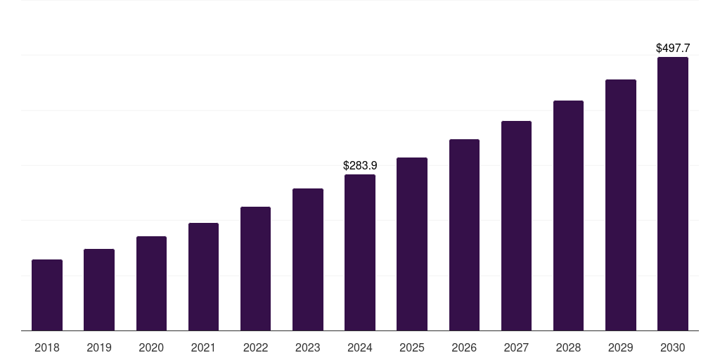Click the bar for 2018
click(47, 295)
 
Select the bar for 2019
click(99, 290)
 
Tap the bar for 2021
click(203, 277)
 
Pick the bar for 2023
click(308, 259)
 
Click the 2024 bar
click(360, 252)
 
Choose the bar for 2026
click(464, 235)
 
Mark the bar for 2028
click(568, 216)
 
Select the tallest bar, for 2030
click(673, 194)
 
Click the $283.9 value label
click(360, 165)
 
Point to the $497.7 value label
click(673, 49)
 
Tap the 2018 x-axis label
click(47, 347)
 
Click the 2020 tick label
click(151, 347)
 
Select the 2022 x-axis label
click(255, 347)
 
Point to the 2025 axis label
click(412, 347)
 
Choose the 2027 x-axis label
click(516, 347)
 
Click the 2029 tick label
click(620, 347)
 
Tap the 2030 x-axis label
click(673, 347)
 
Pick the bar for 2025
click(412, 244)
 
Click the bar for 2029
click(620, 205)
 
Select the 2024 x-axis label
click(360, 347)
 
